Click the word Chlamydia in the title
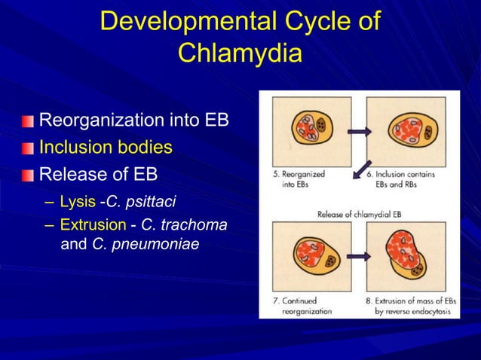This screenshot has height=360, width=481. (x=240, y=54)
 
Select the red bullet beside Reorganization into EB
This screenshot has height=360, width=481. (x=28, y=121)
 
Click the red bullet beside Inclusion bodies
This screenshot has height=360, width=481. (x=28, y=148)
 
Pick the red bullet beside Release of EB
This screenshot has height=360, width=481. (x=28, y=175)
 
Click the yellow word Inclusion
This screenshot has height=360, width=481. (x=73, y=147)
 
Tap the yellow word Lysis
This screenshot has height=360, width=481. (x=78, y=202)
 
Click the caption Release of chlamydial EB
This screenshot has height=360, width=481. (x=359, y=213)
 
